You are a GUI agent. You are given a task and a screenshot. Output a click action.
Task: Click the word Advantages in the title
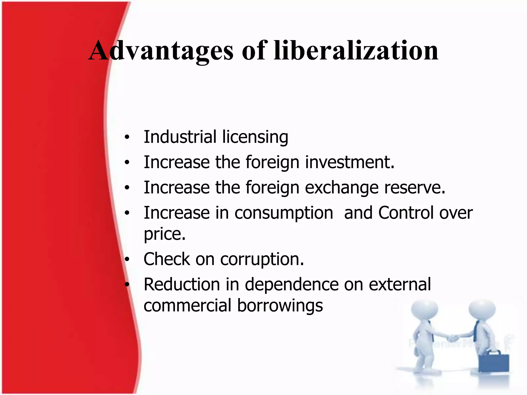(x=161, y=51)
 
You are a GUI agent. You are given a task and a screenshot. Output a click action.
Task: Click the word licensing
(x=255, y=137)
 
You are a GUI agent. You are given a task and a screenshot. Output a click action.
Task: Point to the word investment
(x=350, y=162)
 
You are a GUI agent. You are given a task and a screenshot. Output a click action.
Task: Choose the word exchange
(x=342, y=187)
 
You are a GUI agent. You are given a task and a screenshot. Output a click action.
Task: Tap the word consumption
(x=284, y=213)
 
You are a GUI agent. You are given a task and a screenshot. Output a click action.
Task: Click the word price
(x=164, y=234)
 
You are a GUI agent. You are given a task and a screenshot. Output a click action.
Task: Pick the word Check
(x=167, y=259)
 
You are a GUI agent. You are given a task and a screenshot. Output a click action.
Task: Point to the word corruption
(x=262, y=259)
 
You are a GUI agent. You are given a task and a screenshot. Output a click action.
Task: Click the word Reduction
(x=182, y=284)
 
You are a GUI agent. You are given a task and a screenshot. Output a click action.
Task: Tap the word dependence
(x=291, y=284)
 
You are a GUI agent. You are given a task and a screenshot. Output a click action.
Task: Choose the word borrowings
(x=280, y=306)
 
